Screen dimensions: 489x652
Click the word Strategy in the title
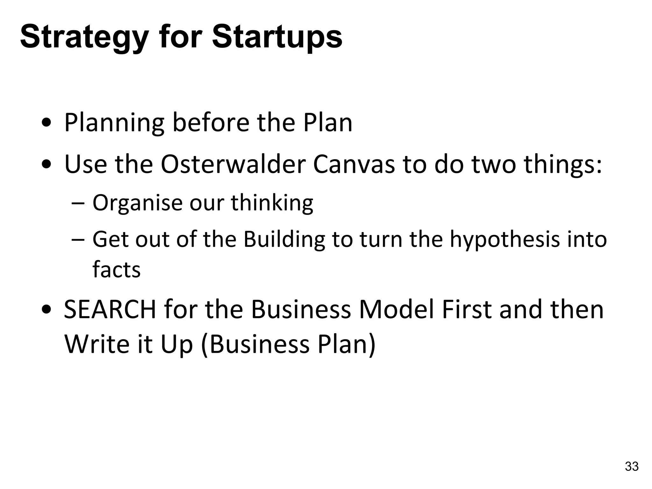tap(84, 38)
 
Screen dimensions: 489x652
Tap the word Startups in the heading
tap(277, 38)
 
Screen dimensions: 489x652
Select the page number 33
tap(632, 466)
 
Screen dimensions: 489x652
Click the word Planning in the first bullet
tap(114, 123)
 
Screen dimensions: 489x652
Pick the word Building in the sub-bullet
tap(284, 240)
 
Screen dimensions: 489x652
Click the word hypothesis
tap(505, 240)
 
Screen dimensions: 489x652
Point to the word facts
tap(116, 270)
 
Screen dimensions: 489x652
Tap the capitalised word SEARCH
tap(110, 310)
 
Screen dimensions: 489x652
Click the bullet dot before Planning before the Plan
tap(47, 123)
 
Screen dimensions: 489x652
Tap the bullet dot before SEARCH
tap(47, 310)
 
